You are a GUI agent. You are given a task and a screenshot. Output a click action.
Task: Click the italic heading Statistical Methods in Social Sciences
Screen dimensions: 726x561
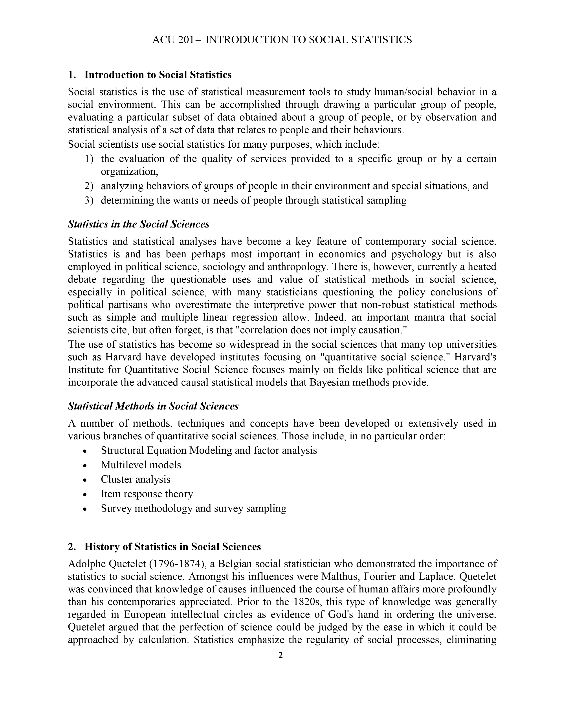click(153, 406)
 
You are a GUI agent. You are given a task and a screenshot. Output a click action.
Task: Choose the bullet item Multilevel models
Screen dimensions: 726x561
click(141, 465)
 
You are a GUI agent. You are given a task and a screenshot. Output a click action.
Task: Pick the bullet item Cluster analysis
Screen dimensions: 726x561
click(136, 479)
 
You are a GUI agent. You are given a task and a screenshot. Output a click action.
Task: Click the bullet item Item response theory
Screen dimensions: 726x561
click(147, 494)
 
